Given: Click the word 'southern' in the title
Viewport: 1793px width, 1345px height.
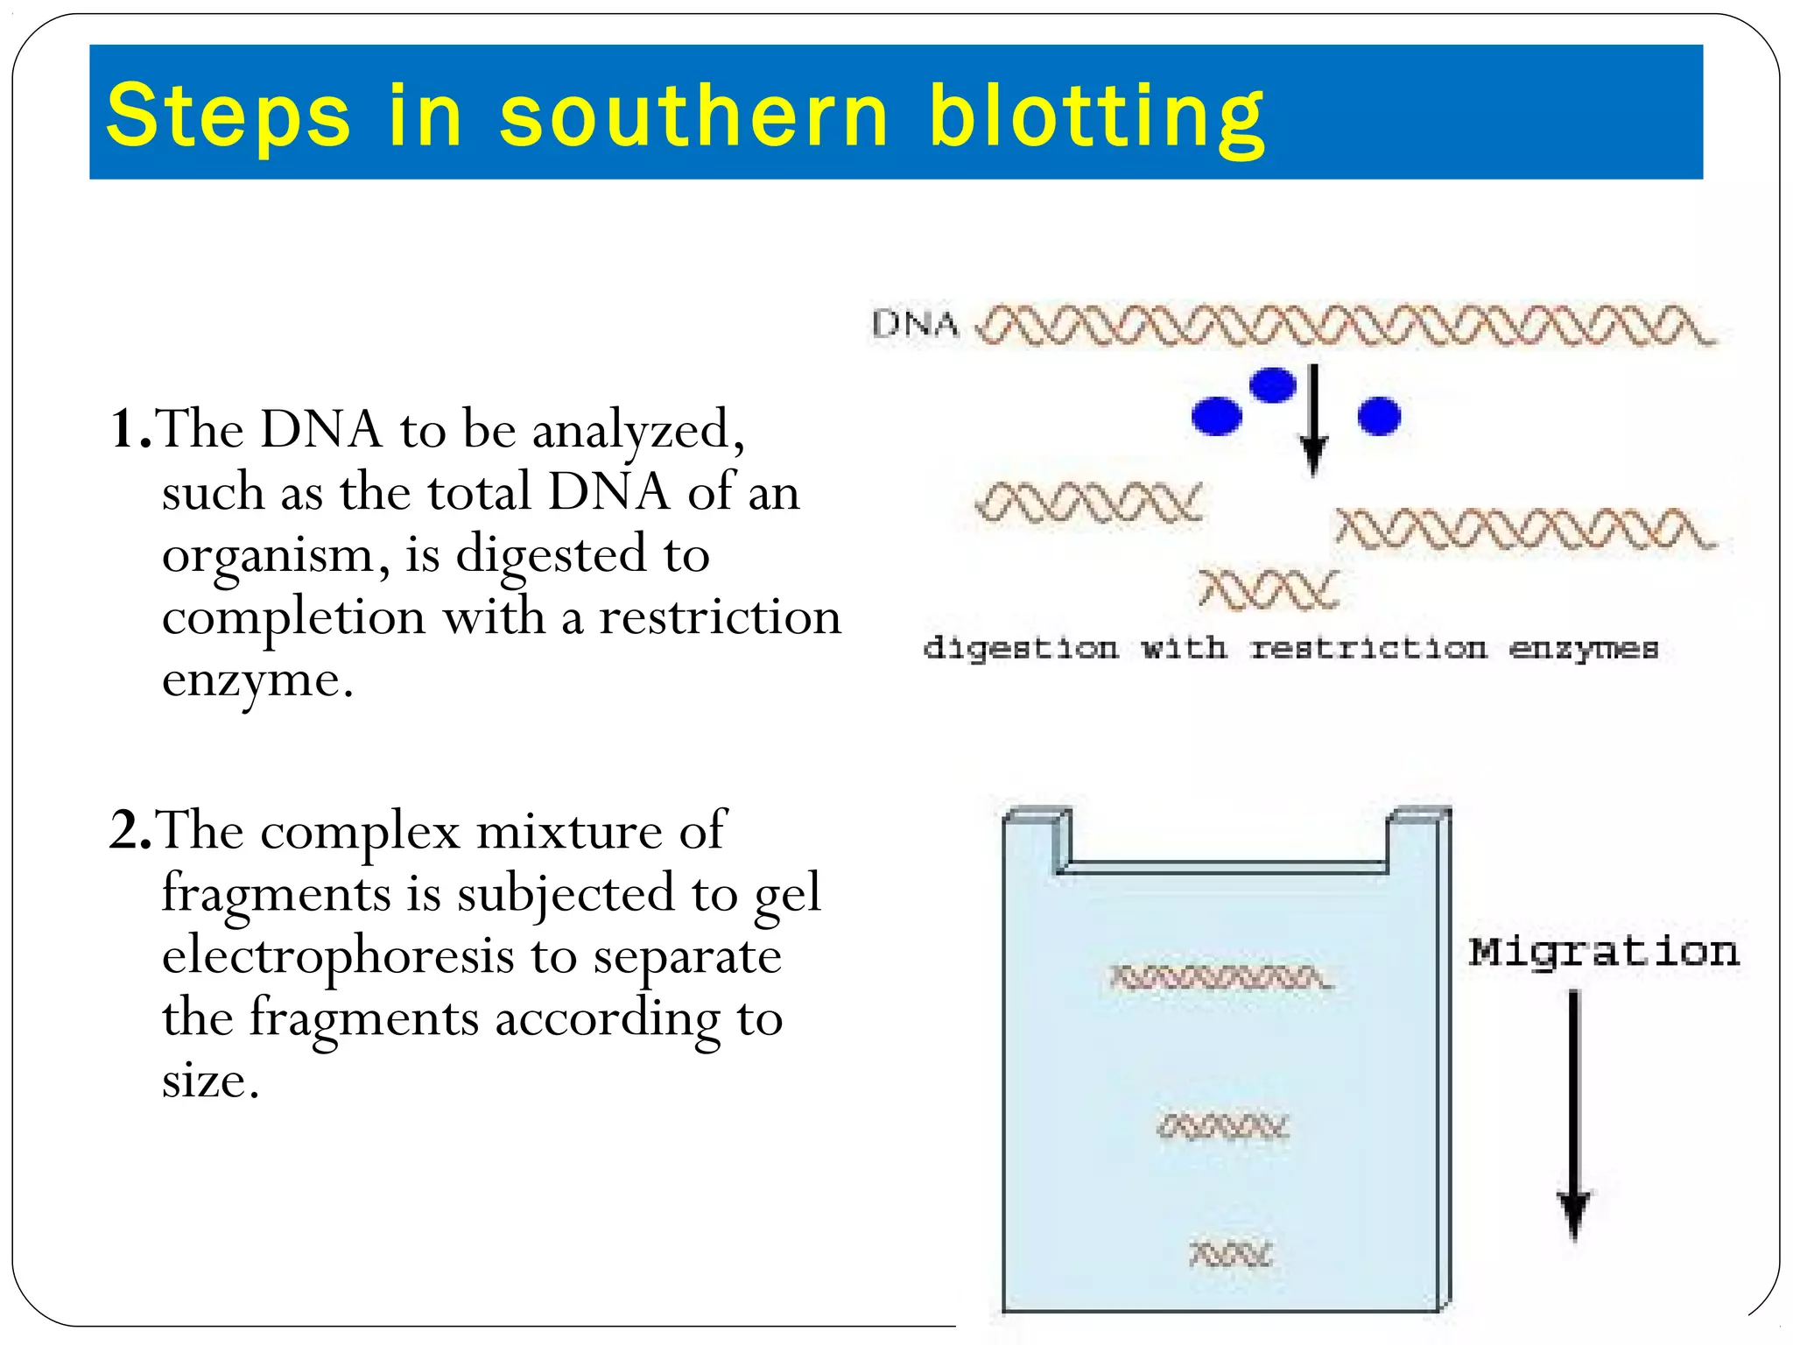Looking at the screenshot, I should point(693,116).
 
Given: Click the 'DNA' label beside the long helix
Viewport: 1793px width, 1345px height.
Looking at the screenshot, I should point(915,325).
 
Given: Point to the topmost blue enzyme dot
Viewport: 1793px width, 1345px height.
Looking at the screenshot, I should point(1272,384).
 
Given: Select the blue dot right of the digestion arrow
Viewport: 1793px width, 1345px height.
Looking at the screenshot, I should point(1379,416).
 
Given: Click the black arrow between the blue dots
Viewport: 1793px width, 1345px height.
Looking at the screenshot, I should point(1312,420).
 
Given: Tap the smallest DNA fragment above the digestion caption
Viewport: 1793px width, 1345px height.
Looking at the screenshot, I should point(1269,589).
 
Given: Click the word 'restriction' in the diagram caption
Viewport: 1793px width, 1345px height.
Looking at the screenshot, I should point(1368,649).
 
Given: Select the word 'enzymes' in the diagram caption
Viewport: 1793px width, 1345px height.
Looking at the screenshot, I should point(1584,649).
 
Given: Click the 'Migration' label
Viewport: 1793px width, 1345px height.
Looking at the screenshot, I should point(1604,952).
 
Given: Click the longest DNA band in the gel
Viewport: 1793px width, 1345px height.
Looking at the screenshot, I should point(1220,977).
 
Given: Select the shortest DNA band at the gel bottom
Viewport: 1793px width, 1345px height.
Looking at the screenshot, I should point(1230,1255).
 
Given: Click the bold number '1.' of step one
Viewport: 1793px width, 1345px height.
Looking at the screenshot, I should point(130,430).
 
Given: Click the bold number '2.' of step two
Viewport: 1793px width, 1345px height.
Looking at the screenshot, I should point(130,831).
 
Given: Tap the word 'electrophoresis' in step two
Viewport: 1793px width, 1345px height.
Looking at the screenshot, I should point(338,955).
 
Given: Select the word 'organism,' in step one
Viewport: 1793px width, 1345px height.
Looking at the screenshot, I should point(276,556).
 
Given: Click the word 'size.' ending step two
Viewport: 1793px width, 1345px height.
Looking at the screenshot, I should point(211,1081).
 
